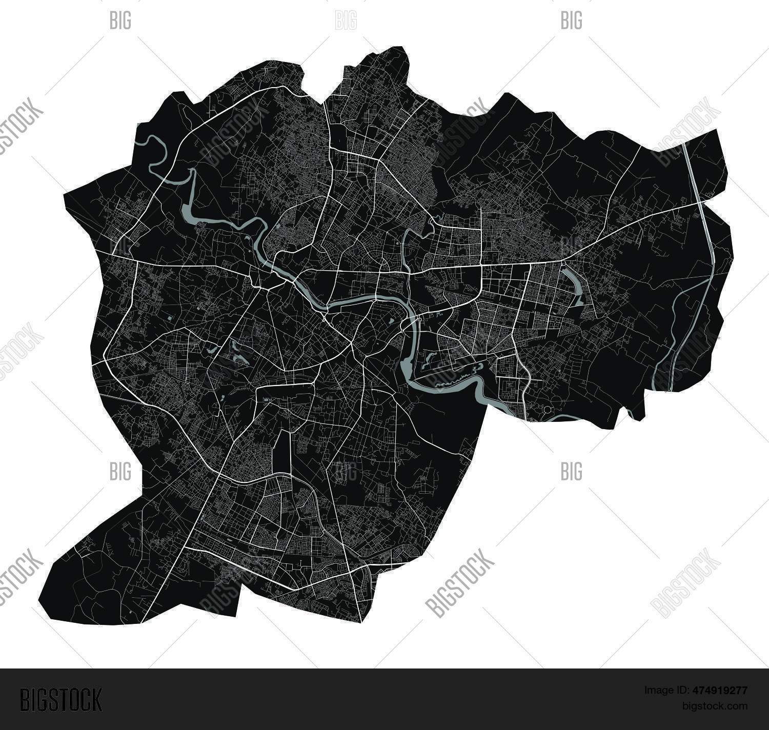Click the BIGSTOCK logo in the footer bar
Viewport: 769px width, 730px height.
pos(61,699)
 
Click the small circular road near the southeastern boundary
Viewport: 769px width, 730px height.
pos(547,410)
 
